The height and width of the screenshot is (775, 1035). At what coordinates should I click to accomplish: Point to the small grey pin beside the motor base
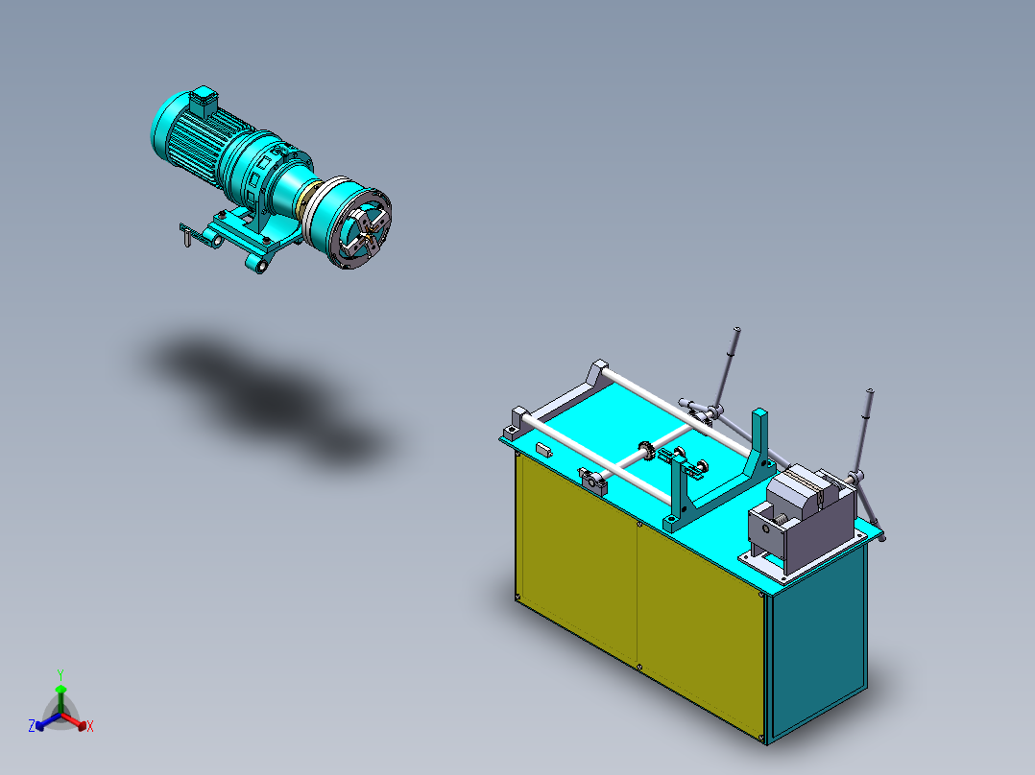(x=183, y=240)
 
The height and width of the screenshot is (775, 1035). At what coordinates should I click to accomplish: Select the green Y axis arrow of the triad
(x=60, y=693)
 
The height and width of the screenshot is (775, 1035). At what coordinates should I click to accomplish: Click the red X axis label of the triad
(x=90, y=727)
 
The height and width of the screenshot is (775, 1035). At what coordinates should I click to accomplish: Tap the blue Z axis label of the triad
(x=31, y=727)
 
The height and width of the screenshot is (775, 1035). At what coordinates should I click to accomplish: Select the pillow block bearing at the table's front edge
(x=593, y=481)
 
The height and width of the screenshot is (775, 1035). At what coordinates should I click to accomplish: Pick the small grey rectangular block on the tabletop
(x=543, y=447)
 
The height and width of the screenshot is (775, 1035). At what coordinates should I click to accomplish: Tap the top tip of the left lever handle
(x=736, y=330)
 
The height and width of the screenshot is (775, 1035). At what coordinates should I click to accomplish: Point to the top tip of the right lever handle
(x=870, y=392)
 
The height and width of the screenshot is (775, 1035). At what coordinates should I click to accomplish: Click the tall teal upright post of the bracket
(x=761, y=441)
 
